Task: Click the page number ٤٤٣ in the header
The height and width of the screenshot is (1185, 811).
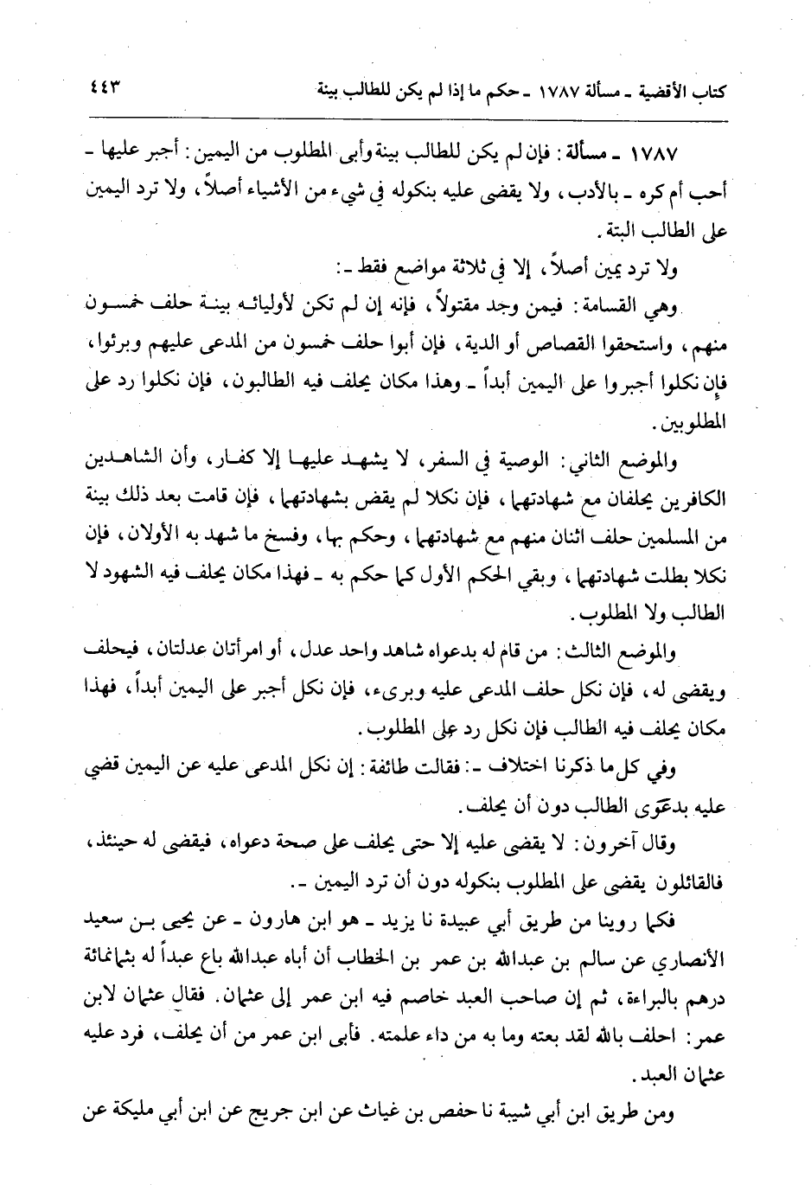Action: click(101, 86)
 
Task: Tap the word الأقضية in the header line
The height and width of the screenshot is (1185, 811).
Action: click(684, 90)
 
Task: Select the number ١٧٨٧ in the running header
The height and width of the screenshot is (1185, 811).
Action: click(563, 90)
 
